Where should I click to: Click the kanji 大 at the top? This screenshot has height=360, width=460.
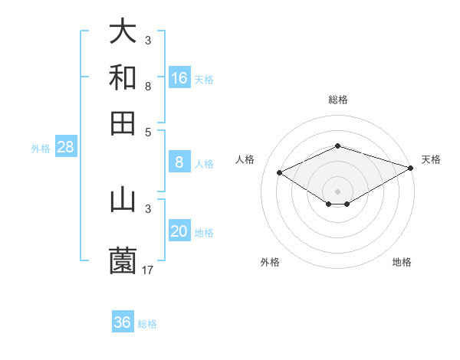click(123, 31)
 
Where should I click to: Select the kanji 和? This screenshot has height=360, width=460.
click(123, 77)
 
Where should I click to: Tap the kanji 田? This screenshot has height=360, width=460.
click(123, 123)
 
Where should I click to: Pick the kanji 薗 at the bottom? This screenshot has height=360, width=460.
click(123, 261)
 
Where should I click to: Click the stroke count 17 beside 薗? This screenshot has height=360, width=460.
click(149, 270)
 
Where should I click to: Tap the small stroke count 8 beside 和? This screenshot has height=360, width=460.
click(148, 86)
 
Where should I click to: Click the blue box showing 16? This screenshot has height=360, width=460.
click(179, 78)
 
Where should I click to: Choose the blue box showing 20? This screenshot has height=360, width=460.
click(179, 232)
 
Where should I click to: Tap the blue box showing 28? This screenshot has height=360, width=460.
click(65, 148)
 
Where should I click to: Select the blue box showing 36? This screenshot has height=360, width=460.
click(123, 322)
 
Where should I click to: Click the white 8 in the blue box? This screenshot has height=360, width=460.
click(179, 162)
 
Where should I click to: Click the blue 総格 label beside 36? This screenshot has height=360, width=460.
click(147, 324)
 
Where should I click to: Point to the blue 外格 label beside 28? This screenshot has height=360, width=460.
click(41, 149)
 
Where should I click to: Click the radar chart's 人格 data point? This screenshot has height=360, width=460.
click(280, 173)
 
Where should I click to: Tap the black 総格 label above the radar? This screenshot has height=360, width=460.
click(338, 100)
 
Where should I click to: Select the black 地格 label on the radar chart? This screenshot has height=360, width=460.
click(402, 262)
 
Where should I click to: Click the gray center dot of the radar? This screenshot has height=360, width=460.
click(338, 191)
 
